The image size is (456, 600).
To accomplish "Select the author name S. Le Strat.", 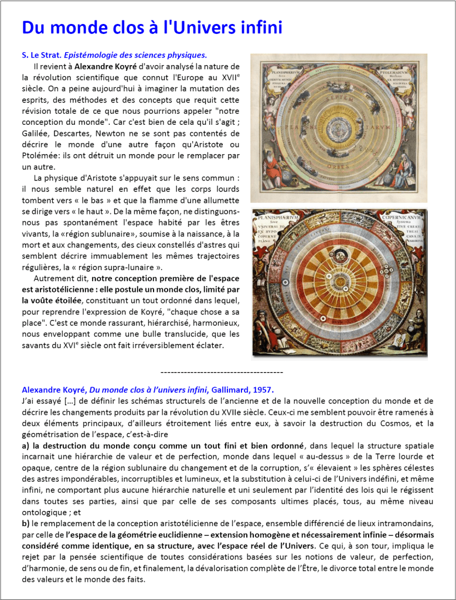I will (40, 55).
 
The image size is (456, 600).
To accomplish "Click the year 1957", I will (263, 389).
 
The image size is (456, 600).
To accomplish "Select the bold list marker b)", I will (26, 523).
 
